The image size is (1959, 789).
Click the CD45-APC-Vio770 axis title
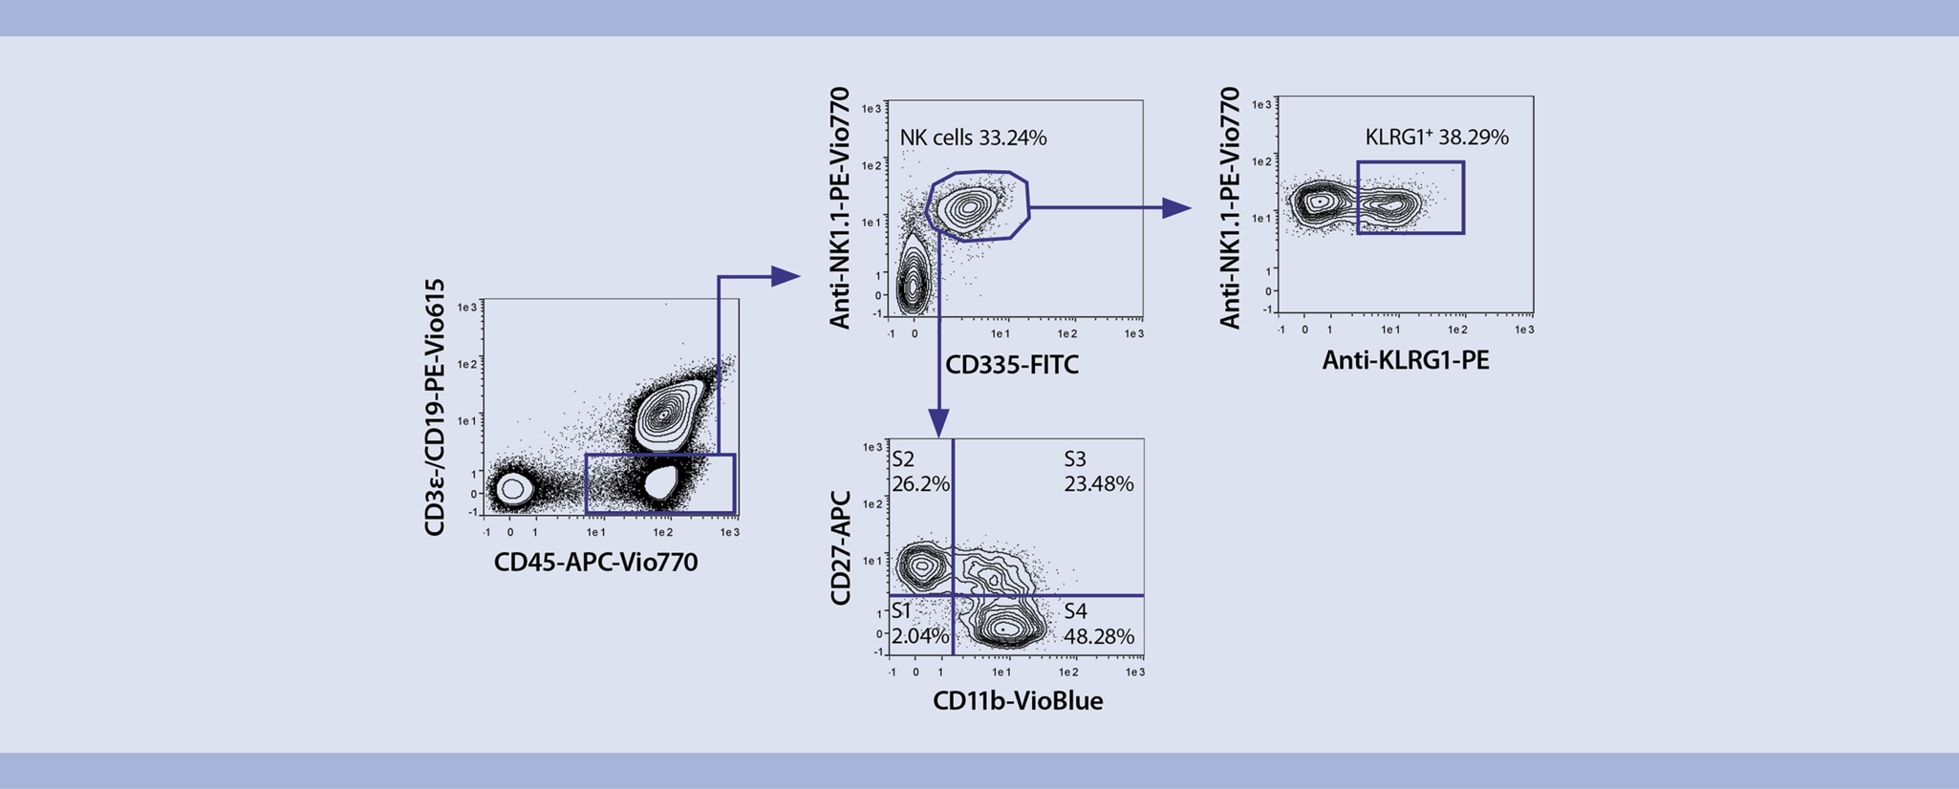595,562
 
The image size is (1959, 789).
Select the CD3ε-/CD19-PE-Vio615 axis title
435,408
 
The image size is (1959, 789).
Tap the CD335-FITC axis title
1011,365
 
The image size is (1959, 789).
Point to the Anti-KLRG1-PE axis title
1405,360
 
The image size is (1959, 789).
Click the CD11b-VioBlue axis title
1018,700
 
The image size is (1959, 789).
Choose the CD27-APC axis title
841,547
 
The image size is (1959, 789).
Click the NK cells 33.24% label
973,138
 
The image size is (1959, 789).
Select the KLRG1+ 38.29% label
1436,137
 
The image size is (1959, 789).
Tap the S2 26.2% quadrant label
920,472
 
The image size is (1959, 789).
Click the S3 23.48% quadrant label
1098,472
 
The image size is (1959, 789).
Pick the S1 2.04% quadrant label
919,624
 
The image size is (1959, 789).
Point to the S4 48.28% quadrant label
1099,624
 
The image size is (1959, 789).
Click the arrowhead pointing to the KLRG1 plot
1176,207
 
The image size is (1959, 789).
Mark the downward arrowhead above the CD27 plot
939,423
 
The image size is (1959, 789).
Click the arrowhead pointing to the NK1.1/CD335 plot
785,277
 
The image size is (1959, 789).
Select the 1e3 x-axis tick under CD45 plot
730,532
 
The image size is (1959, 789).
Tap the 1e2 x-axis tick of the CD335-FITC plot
1067,334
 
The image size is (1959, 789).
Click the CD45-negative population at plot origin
513,489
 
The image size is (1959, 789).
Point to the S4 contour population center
1004,629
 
